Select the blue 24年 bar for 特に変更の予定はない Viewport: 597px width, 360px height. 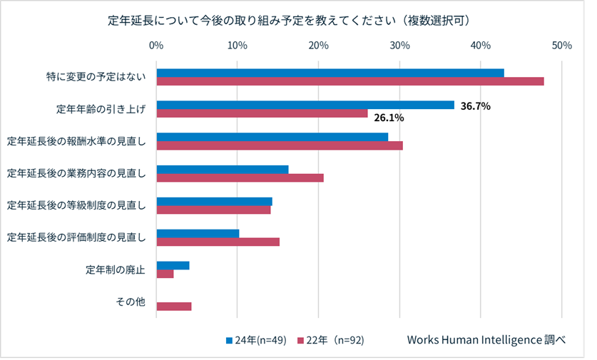[x=330, y=73]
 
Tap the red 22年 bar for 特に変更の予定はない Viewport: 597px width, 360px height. [x=349, y=81]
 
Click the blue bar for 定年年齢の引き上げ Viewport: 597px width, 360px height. [x=305, y=105]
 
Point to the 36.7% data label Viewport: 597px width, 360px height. [x=476, y=106]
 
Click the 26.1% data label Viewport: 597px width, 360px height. [x=389, y=118]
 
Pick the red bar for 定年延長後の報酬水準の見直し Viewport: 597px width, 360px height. [x=280, y=145]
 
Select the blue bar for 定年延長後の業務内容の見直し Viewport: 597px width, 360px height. [x=223, y=170]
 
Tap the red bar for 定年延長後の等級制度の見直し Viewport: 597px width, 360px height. [x=213, y=210]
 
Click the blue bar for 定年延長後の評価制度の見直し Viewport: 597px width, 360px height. [x=198, y=233]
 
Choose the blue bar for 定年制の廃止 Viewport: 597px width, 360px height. [x=173, y=265]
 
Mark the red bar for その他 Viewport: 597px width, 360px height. [x=174, y=307]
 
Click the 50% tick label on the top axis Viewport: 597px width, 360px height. [x=561, y=45]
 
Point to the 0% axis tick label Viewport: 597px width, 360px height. [x=156, y=45]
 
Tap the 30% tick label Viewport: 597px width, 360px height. [x=399, y=45]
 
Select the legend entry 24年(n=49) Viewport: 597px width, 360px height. [x=256, y=340]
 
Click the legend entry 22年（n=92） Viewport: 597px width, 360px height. [x=331, y=340]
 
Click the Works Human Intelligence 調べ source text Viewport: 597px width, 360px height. [x=486, y=340]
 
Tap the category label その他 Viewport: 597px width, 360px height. [x=131, y=302]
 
